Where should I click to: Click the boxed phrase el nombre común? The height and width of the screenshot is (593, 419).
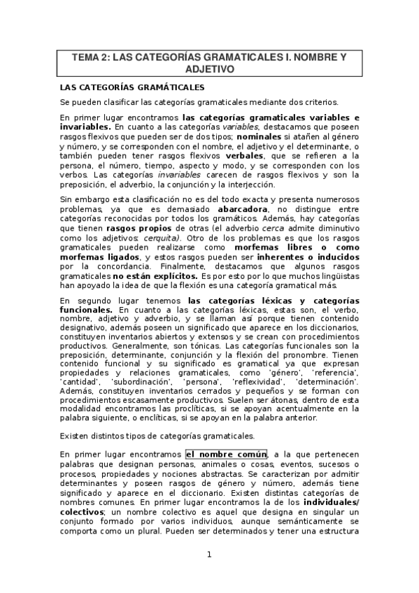coord(227,453)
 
